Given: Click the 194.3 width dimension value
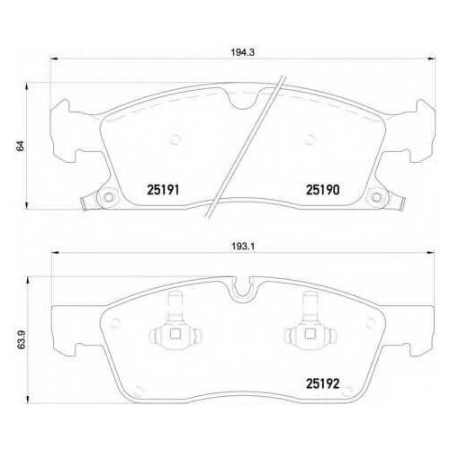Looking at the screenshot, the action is pyautogui.click(x=243, y=52).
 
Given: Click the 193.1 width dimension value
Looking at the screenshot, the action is pyautogui.click(x=243, y=247).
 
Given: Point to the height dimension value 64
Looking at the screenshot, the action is pyautogui.click(x=21, y=146).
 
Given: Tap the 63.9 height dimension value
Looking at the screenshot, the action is pyautogui.click(x=21, y=339).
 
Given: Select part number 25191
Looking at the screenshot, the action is pyautogui.click(x=163, y=190).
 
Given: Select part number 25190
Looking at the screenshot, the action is pyautogui.click(x=322, y=190).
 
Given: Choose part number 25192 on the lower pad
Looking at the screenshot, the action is pyautogui.click(x=322, y=383).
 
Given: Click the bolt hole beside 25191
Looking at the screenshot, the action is pyautogui.click(x=109, y=197).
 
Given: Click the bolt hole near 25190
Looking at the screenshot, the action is pyautogui.click(x=377, y=197).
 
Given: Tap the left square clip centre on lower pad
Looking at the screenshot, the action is pyautogui.click(x=175, y=334).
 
